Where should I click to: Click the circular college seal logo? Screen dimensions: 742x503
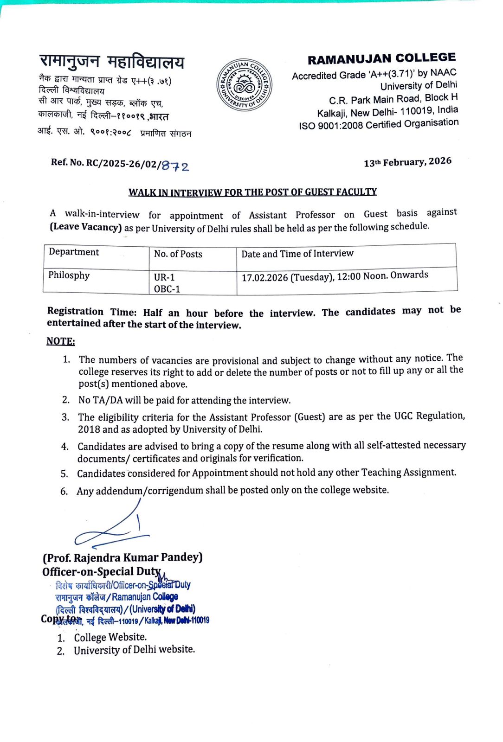coord(244,85)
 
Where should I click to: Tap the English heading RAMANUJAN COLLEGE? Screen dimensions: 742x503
coord(381,59)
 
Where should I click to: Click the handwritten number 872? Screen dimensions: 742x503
coord(175,166)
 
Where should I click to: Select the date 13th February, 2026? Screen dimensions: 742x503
coord(407,162)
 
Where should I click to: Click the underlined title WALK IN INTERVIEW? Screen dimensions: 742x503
coord(252,192)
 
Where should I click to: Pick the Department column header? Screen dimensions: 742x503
coord(74,252)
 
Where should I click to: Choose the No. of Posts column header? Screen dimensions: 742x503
coord(178,254)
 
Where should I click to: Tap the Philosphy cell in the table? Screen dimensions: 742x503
coord(69,275)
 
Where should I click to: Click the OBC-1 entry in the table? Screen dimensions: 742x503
coord(167,289)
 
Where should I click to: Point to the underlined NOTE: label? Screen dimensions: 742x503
coord(60,342)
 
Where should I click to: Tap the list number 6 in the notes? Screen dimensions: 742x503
coord(64,492)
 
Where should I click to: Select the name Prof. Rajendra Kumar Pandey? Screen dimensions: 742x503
coord(123,557)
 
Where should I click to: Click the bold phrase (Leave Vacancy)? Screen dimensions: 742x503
coord(85,227)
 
